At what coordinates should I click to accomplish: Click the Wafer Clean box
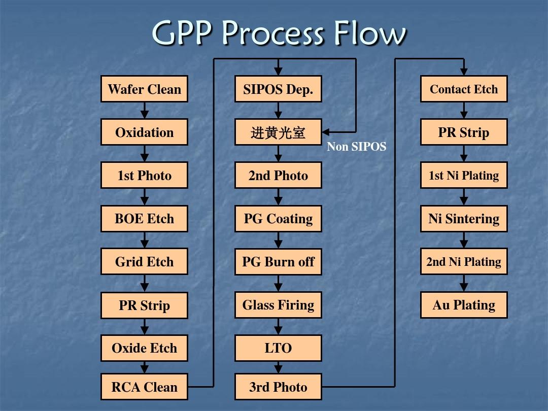(144, 89)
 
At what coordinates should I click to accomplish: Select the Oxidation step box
(144, 132)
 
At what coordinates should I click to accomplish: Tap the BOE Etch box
(144, 218)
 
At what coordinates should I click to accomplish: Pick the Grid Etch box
(144, 261)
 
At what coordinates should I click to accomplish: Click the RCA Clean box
(144, 387)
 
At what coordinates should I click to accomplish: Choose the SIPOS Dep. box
(278, 89)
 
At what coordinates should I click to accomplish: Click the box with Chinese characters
(278, 132)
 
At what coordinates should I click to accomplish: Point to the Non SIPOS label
(357, 147)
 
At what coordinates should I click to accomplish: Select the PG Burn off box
(278, 261)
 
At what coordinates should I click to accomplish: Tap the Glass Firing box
(278, 305)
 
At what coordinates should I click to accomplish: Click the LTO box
(278, 348)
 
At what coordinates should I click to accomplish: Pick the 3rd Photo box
(278, 387)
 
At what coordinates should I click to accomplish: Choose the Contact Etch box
(464, 89)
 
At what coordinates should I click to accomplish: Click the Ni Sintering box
(464, 218)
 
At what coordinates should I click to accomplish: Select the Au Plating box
(464, 305)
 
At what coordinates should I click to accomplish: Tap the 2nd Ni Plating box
(464, 261)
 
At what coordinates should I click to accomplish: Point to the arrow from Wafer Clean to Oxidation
(144, 111)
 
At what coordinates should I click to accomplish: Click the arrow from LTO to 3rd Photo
(278, 367)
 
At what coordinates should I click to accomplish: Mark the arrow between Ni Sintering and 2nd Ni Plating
(464, 240)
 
